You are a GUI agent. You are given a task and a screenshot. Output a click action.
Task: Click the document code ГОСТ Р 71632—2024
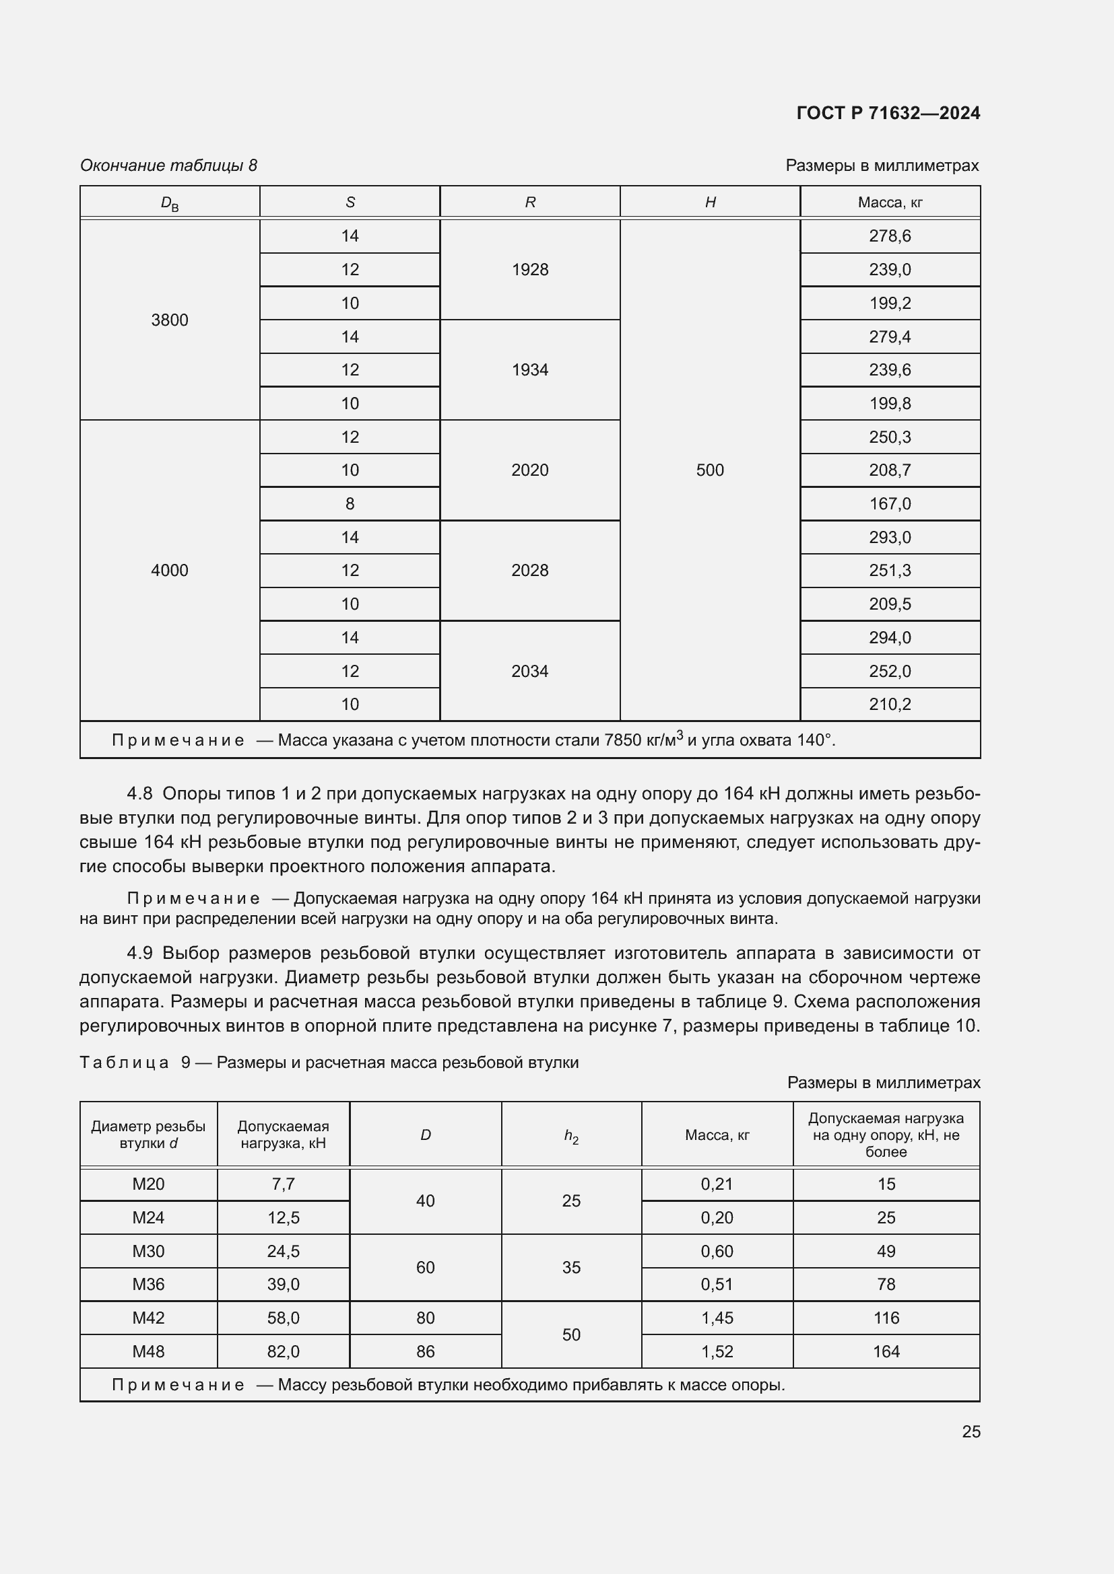point(888,113)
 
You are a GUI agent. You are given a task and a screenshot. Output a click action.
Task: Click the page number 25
point(971,1431)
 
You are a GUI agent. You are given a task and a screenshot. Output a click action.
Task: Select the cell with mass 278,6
point(890,236)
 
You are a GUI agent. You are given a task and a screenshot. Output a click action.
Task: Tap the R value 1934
point(529,370)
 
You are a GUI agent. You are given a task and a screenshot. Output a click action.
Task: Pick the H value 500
point(709,470)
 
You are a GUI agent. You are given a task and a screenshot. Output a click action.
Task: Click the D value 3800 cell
point(170,320)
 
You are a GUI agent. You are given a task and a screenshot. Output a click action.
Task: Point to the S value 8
point(350,504)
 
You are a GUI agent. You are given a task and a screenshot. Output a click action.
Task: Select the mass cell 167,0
point(890,504)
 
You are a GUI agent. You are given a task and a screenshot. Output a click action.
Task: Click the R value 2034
point(529,671)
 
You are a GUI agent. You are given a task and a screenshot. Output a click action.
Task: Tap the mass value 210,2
point(890,704)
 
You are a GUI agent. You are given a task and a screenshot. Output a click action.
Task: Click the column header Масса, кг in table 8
point(890,203)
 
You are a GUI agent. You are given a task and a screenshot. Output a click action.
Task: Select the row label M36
point(148,1284)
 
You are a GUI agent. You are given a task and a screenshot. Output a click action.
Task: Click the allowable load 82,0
point(284,1351)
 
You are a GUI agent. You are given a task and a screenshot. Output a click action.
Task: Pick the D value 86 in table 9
point(425,1351)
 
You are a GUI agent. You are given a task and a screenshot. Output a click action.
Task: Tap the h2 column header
point(570,1136)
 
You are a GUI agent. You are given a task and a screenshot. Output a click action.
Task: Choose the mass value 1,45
point(717,1318)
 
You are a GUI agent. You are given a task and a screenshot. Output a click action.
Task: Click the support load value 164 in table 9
point(886,1351)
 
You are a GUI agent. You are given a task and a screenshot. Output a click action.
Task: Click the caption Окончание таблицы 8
point(169,166)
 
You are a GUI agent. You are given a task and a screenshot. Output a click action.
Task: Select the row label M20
point(148,1184)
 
